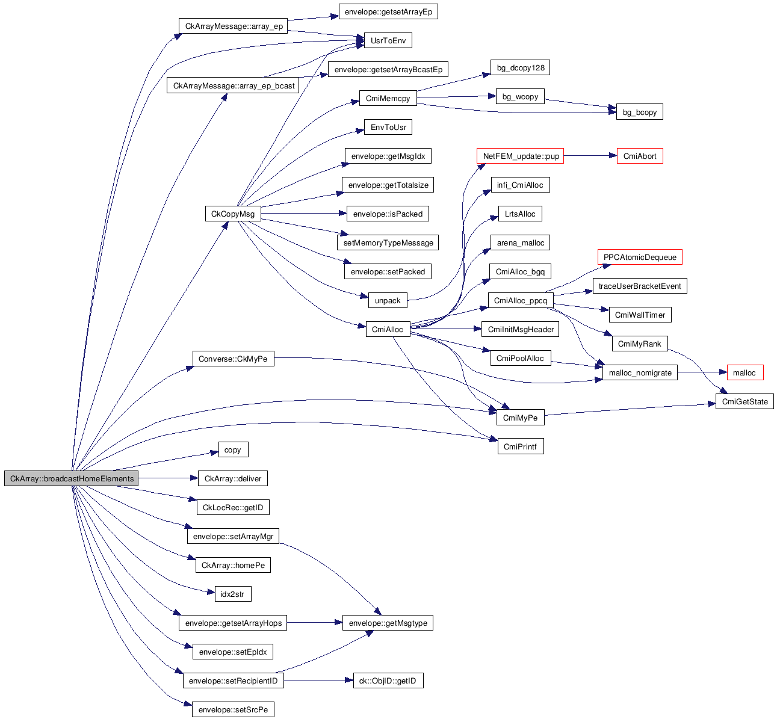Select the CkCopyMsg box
[x=233, y=214]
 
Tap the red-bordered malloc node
[x=744, y=373]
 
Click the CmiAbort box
[x=639, y=156]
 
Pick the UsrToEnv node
[x=388, y=41]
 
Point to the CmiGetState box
[x=744, y=402]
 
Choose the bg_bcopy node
[x=639, y=113]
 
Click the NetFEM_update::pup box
[x=521, y=156]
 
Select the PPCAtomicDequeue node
[x=640, y=258]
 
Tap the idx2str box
[x=232, y=594]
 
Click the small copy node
[x=232, y=450]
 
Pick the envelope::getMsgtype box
[x=388, y=623]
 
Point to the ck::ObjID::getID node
[x=388, y=681]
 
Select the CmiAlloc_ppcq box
[x=521, y=301]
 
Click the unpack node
[x=388, y=301]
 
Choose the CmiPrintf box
[x=520, y=446]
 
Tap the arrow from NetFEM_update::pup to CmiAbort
[x=590, y=156]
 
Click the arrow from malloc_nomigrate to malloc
[x=702, y=373]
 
